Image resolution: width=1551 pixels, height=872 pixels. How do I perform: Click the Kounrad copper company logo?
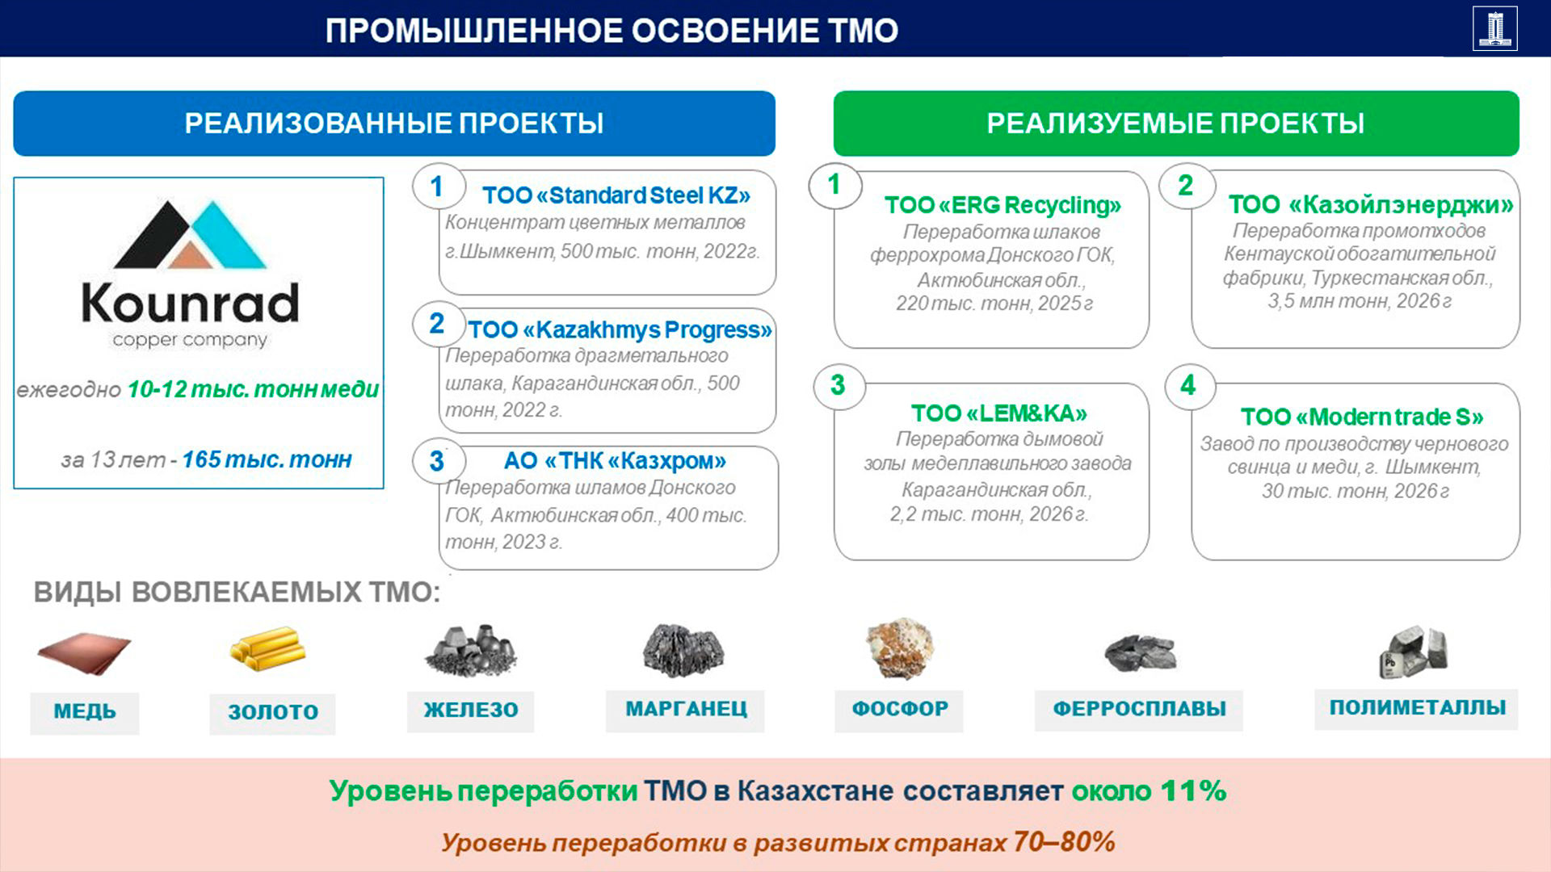(x=191, y=274)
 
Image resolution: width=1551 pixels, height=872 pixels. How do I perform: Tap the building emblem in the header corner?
(x=1494, y=28)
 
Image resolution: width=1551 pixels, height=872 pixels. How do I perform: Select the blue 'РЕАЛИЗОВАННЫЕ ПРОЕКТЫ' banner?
(x=394, y=124)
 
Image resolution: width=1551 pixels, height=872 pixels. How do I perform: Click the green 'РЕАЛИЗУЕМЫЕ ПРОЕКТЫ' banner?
(x=1176, y=124)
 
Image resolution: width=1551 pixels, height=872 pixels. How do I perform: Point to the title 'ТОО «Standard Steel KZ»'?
(x=616, y=195)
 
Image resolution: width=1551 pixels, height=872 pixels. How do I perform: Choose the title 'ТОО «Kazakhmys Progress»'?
(x=620, y=329)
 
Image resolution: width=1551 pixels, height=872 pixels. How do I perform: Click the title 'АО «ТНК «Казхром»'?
(x=615, y=460)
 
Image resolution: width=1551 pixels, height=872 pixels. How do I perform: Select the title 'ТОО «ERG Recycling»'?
(x=1002, y=205)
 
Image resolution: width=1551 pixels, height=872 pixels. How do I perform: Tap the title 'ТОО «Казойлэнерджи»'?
(x=1371, y=204)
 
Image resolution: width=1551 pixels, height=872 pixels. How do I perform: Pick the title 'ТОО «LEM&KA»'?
(x=999, y=413)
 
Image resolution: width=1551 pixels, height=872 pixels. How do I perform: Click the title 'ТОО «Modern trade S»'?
(x=1362, y=417)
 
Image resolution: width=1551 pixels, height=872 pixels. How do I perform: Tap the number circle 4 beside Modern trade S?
(x=1187, y=385)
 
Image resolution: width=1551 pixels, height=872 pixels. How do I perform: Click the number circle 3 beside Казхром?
(x=437, y=461)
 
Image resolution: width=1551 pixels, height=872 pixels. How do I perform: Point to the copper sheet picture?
(x=84, y=652)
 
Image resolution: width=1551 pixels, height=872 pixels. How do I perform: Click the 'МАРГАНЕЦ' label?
(x=686, y=710)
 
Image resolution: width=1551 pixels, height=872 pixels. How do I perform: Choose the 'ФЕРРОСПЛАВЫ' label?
(x=1139, y=709)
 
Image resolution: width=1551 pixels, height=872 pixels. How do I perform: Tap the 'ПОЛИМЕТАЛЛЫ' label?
(x=1418, y=707)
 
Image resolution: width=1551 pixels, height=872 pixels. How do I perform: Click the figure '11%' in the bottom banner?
(x=1193, y=790)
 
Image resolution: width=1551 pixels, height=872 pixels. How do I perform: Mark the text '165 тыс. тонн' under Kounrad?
(x=267, y=459)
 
